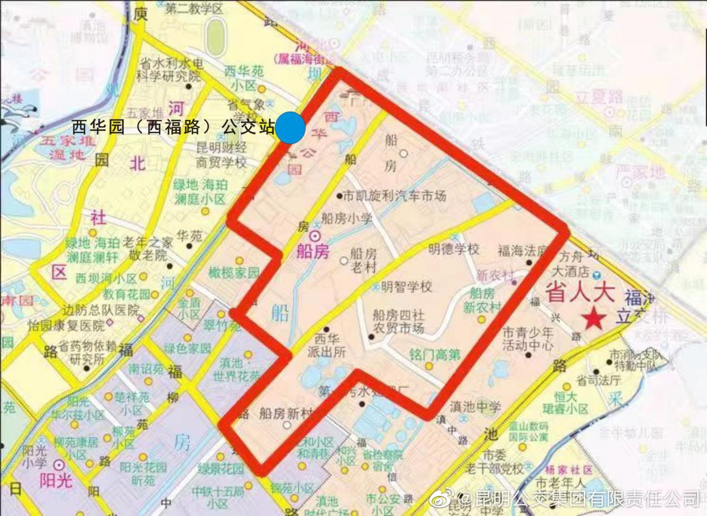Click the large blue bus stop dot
pos(290,127)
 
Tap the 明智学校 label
pos(407,288)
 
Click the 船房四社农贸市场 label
pos(398,321)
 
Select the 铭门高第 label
pos(435,355)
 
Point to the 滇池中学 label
pos(467,407)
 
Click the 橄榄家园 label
pos(234,273)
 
